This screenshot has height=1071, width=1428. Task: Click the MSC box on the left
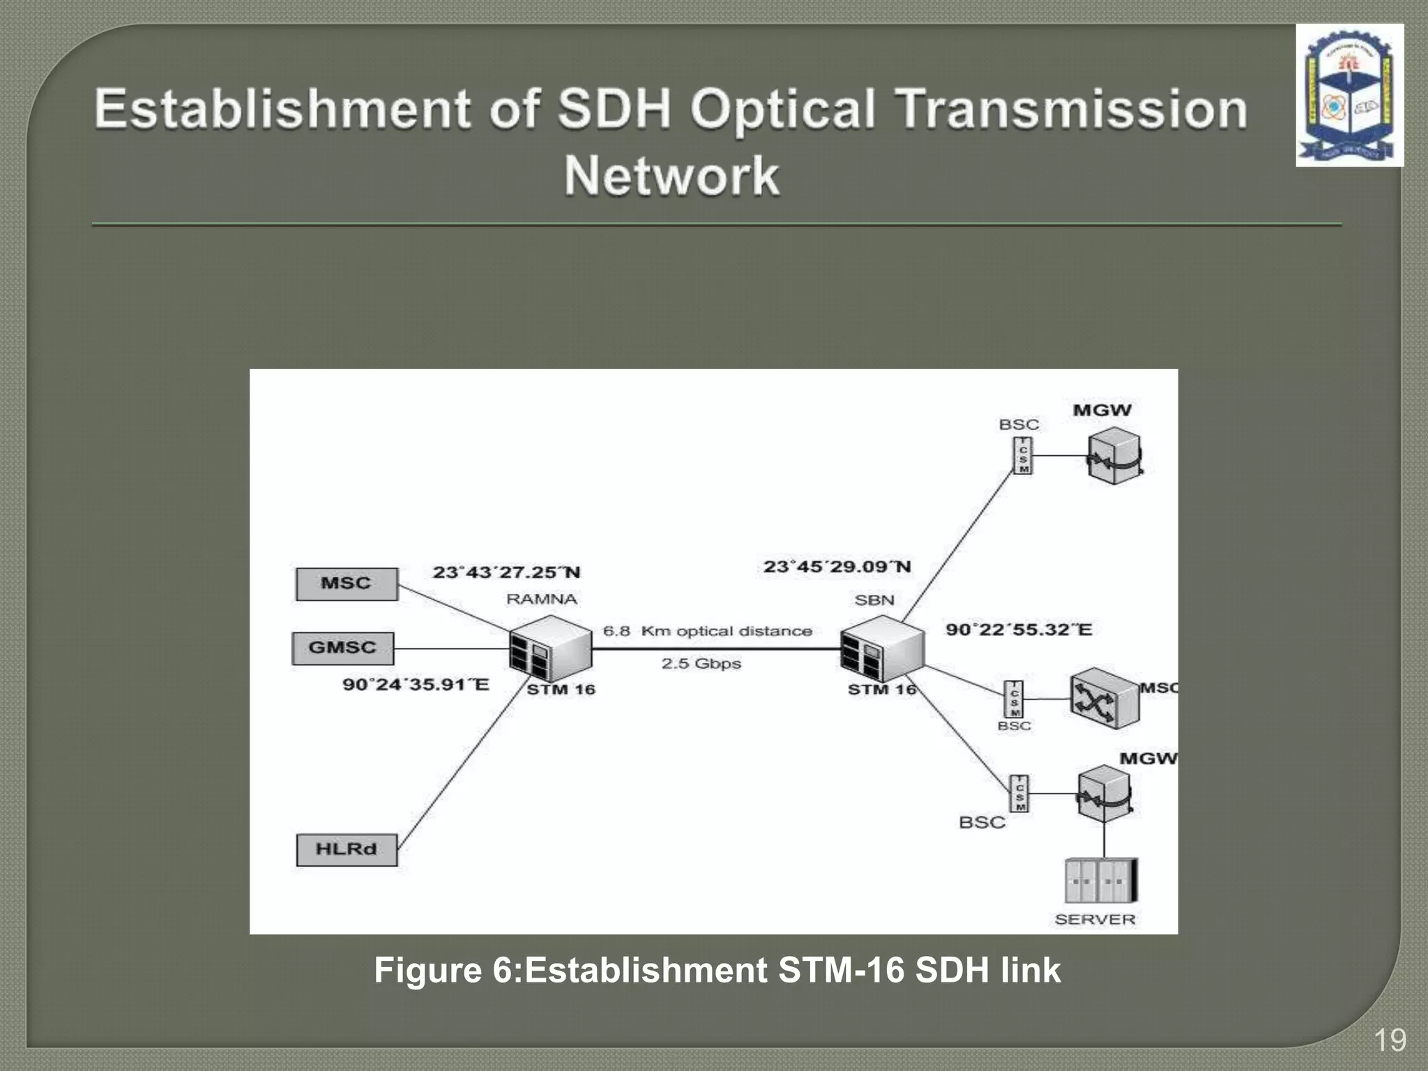(347, 584)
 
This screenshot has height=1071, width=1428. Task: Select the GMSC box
(342, 648)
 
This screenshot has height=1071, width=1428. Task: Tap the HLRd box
(347, 849)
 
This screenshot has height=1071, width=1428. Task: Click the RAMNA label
(542, 599)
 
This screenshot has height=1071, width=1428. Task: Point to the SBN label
(874, 600)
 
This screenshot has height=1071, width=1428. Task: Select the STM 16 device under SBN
(882, 648)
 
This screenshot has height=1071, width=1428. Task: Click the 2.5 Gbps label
(701, 663)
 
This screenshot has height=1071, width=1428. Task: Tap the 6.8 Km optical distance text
(707, 631)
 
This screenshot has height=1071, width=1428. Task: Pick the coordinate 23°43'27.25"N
(506, 572)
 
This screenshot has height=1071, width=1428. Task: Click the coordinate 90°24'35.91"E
(416, 684)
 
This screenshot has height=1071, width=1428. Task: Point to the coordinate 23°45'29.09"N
(837, 567)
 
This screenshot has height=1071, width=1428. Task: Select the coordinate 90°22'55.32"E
(1019, 630)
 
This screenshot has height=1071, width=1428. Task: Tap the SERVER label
(1095, 919)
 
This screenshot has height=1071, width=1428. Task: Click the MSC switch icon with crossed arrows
(1103, 699)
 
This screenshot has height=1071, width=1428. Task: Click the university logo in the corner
(1349, 96)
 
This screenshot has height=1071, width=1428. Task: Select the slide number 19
(1390, 1040)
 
